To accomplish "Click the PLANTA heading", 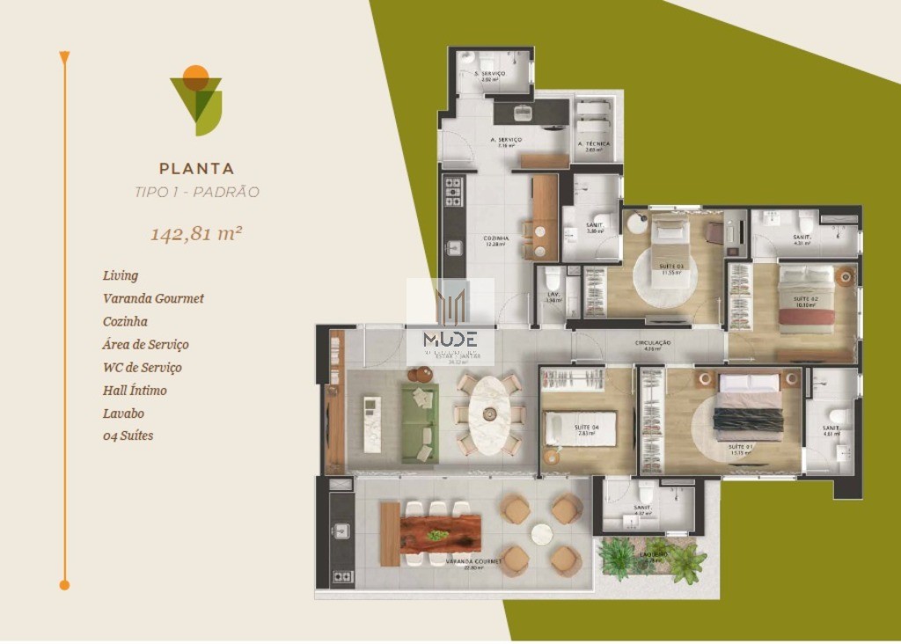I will coord(196,168).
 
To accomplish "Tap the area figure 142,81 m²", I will coord(196,234).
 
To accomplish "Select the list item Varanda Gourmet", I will coord(153,298).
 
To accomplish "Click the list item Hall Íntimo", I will coord(135,390).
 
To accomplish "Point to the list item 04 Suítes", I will coord(128,435).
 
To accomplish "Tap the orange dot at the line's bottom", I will coord(64,584).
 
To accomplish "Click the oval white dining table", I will coord(489,414).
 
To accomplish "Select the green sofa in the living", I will coord(420,424).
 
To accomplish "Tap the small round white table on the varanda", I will coord(541,533).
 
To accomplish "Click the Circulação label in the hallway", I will coord(653,343).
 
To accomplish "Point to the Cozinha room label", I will coord(495,238).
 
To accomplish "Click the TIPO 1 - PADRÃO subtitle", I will coord(196,192).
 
